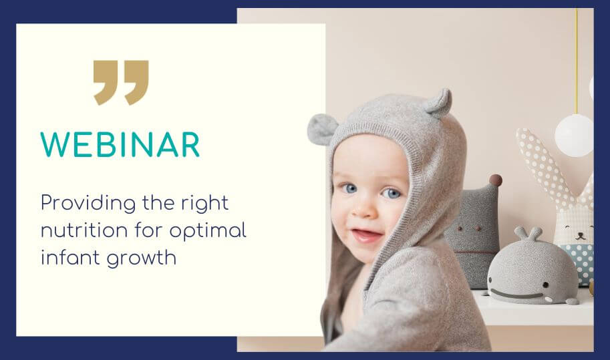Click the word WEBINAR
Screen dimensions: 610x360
120,145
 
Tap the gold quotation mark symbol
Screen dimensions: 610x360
121,82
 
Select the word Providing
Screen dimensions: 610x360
88,204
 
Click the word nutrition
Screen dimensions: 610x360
84,230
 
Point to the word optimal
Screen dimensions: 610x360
208,230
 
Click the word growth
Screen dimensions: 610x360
142,258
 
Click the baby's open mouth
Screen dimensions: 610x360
366,236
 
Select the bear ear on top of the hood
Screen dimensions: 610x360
439,103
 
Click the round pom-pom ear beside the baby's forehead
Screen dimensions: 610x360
321,130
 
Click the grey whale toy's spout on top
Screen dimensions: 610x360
528,234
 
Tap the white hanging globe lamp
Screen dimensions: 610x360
574,136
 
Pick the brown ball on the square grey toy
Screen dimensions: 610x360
495,180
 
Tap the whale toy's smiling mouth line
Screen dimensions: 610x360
517,295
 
